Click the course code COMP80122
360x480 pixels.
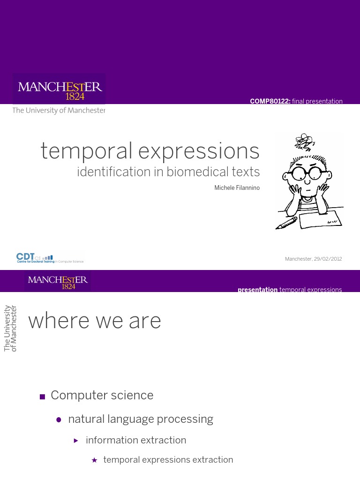[x=270, y=101]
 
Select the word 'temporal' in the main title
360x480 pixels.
[x=86, y=151]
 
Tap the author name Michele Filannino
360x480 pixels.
[x=237, y=188]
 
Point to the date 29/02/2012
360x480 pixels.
[x=328, y=259]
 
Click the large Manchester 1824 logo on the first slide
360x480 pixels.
[x=59, y=90]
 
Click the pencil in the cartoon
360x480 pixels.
[x=287, y=223]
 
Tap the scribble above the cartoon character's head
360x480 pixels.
[x=305, y=141]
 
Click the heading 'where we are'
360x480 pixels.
[x=95, y=321]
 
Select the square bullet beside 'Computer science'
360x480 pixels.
[x=42, y=397]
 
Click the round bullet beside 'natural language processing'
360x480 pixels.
[x=59, y=420]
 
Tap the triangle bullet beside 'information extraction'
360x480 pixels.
[x=76, y=441]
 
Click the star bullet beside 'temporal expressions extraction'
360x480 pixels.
[x=94, y=460]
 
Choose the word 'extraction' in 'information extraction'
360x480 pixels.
[x=165, y=440]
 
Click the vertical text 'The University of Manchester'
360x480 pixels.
[x=10, y=328]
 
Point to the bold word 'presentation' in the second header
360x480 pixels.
[x=257, y=290]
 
